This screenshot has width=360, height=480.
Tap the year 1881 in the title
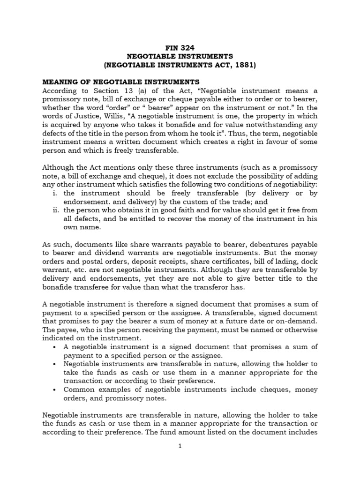click(x=244, y=65)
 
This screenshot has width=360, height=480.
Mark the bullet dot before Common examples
click(x=56, y=390)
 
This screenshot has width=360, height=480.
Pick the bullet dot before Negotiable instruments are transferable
click(x=56, y=364)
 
